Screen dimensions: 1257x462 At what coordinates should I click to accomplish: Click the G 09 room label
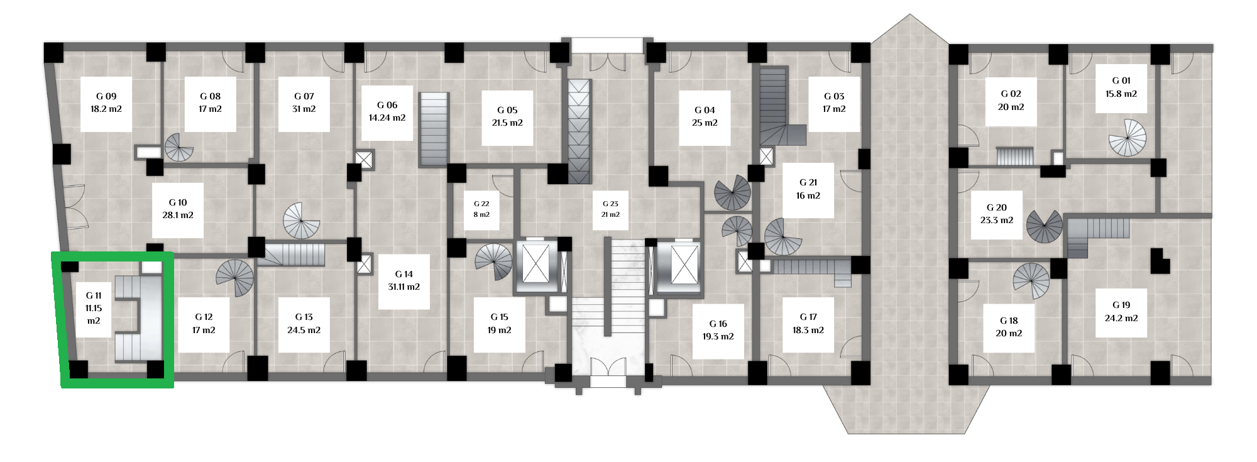pos(106,96)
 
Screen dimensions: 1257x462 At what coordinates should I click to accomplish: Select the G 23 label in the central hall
pos(610,204)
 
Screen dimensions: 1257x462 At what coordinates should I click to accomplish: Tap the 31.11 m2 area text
pos(403,287)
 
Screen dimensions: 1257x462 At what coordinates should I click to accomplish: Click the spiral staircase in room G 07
pos(302,221)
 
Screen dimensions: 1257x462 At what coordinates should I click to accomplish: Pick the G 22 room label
pos(481,204)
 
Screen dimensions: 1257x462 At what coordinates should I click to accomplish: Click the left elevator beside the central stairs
pos(535,266)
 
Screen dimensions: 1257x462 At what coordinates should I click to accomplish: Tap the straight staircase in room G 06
pos(434,129)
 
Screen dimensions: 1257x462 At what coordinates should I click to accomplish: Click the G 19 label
pos(1121,305)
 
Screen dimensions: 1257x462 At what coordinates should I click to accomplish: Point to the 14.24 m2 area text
pos(387,118)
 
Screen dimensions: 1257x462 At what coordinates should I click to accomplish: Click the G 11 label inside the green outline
pos(94,295)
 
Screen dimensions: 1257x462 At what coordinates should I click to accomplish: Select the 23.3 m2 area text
pos(997,220)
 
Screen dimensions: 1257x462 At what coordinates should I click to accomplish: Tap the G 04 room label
pos(705,110)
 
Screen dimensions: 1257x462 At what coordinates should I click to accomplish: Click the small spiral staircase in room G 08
pos(179,148)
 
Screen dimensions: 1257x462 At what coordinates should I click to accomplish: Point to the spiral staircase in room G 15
pos(494,262)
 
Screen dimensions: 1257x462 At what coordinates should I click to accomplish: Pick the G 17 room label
pos(808,317)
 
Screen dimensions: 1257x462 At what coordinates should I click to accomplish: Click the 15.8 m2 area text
pos(1121,94)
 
